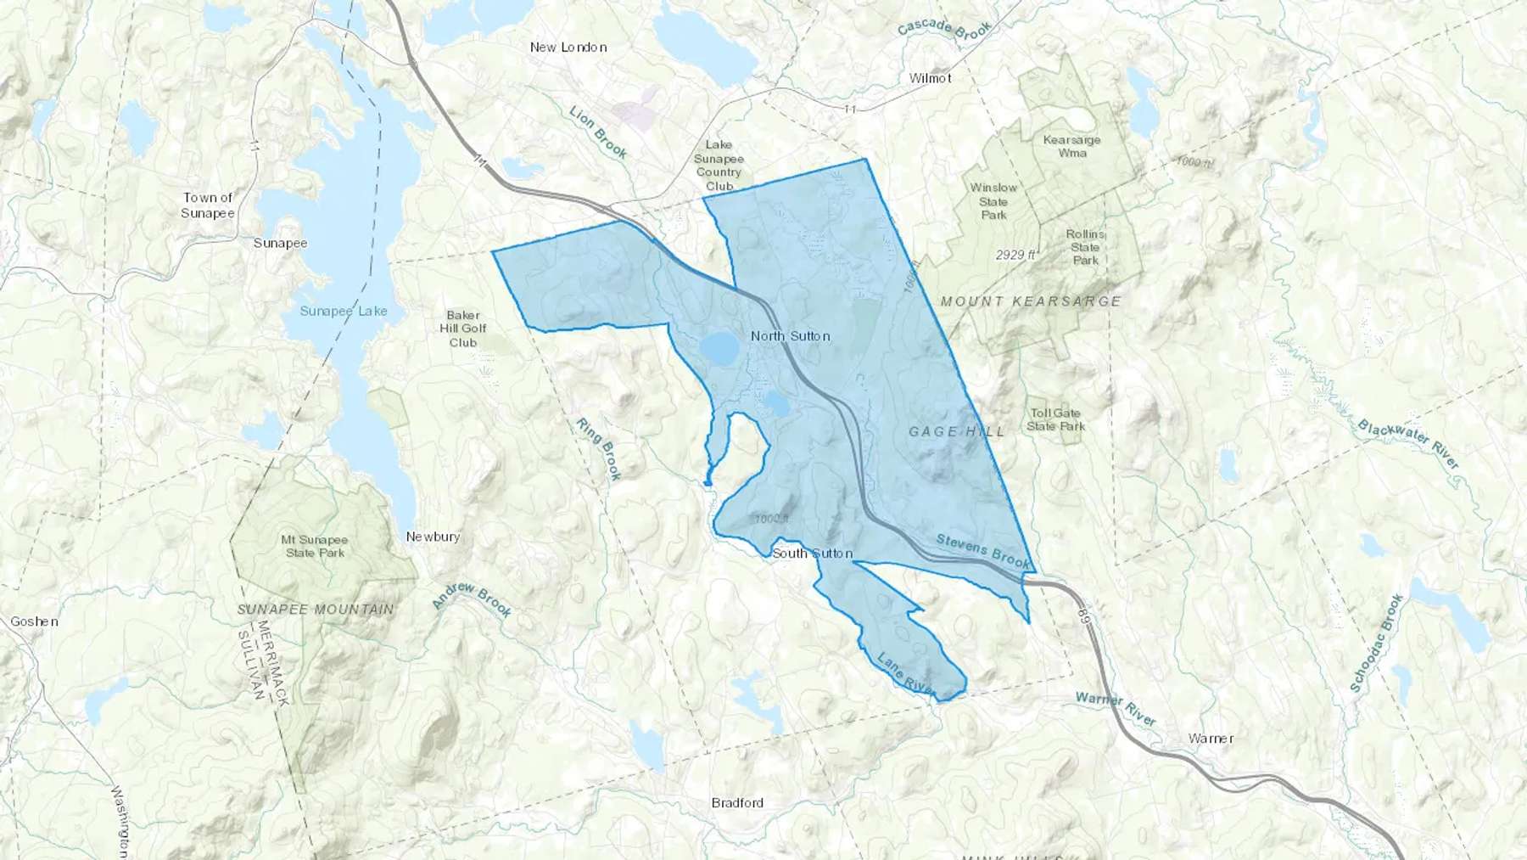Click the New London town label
[x=568, y=48]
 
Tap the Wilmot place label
[x=930, y=78]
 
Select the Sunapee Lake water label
[x=344, y=312]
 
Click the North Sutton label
[x=790, y=336]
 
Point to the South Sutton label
[x=812, y=554]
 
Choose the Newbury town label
[x=433, y=537]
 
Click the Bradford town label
[x=737, y=803]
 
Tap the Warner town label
[x=1211, y=739]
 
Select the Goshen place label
[x=34, y=621]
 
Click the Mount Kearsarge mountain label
[x=1031, y=301]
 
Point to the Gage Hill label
[x=956, y=432]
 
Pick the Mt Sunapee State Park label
[x=315, y=546]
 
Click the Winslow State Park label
[x=993, y=201]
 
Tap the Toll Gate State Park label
[x=1055, y=419]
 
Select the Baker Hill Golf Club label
[x=463, y=329]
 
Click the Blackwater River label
[x=1407, y=444]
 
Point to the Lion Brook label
[x=598, y=132]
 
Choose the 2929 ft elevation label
[x=1016, y=255]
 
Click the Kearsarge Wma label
[x=1071, y=146]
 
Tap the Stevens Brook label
[x=982, y=551]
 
